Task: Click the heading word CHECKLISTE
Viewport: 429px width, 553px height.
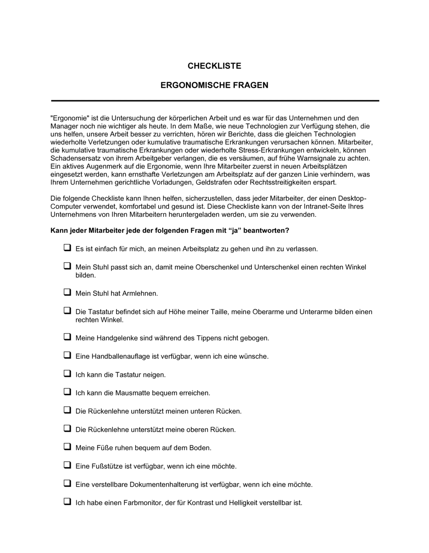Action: point(214,66)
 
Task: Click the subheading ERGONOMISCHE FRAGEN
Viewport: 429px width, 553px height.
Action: point(214,85)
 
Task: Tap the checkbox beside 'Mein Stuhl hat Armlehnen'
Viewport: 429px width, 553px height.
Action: point(67,292)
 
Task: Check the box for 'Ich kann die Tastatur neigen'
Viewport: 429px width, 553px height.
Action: point(67,373)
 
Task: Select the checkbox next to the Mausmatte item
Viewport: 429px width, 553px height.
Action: point(67,392)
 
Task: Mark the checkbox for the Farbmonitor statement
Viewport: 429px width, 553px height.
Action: point(67,502)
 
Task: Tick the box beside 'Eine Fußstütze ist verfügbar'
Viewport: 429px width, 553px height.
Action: point(67,465)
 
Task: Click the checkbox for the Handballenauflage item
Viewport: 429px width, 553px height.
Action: point(67,355)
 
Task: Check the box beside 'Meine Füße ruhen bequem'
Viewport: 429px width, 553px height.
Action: point(67,447)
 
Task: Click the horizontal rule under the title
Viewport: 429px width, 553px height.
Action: point(215,101)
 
